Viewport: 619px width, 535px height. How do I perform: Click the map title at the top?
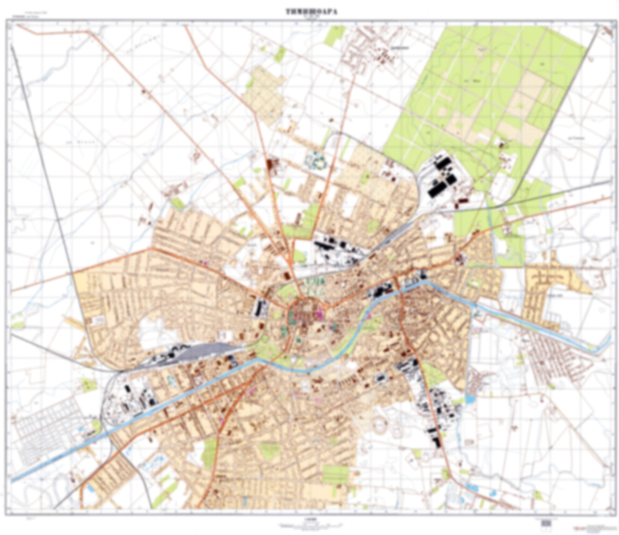(x=311, y=12)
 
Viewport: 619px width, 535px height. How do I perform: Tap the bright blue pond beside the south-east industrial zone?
(x=470, y=400)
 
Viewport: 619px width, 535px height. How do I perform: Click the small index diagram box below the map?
(x=546, y=523)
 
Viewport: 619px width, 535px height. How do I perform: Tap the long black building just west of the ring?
(x=259, y=306)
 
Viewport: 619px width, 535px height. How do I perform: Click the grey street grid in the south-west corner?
(x=43, y=432)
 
